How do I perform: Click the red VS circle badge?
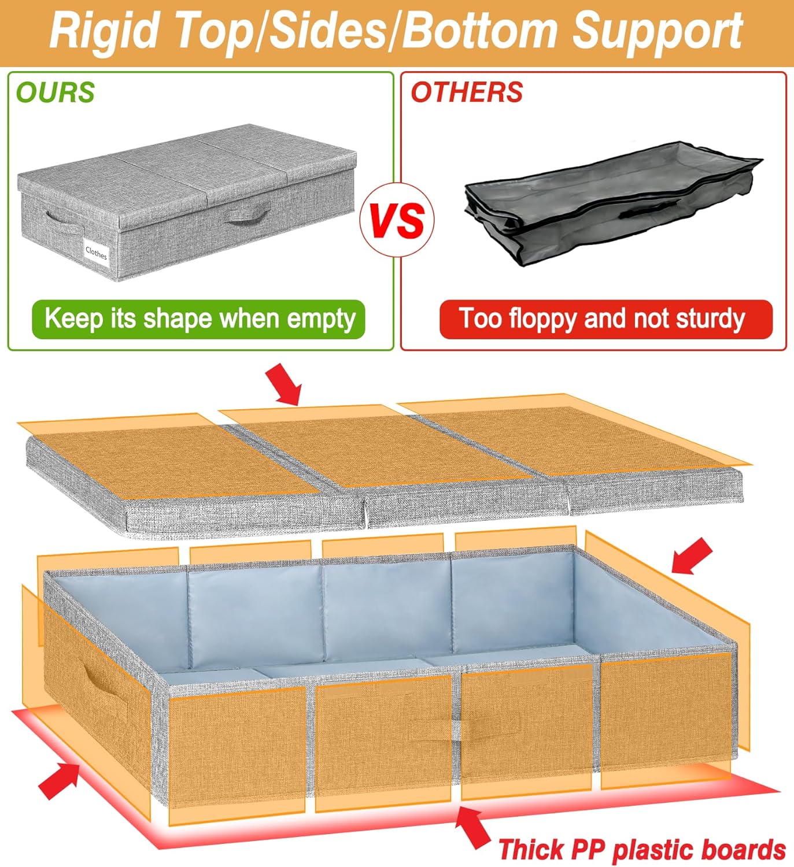pyautogui.click(x=397, y=220)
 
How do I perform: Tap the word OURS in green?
pyautogui.click(x=55, y=92)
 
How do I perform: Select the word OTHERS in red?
pyautogui.click(x=467, y=92)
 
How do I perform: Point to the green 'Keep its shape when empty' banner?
pyautogui.click(x=199, y=319)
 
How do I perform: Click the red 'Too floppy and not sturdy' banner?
pyautogui.click(x=605, y=319)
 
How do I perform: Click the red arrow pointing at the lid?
pyautogui.click(x=284, y=384)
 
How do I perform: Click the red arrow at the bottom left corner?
pyautogui.click(x=59, y=780)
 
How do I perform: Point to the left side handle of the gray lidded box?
pyautogui.click(x=64, y=221)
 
